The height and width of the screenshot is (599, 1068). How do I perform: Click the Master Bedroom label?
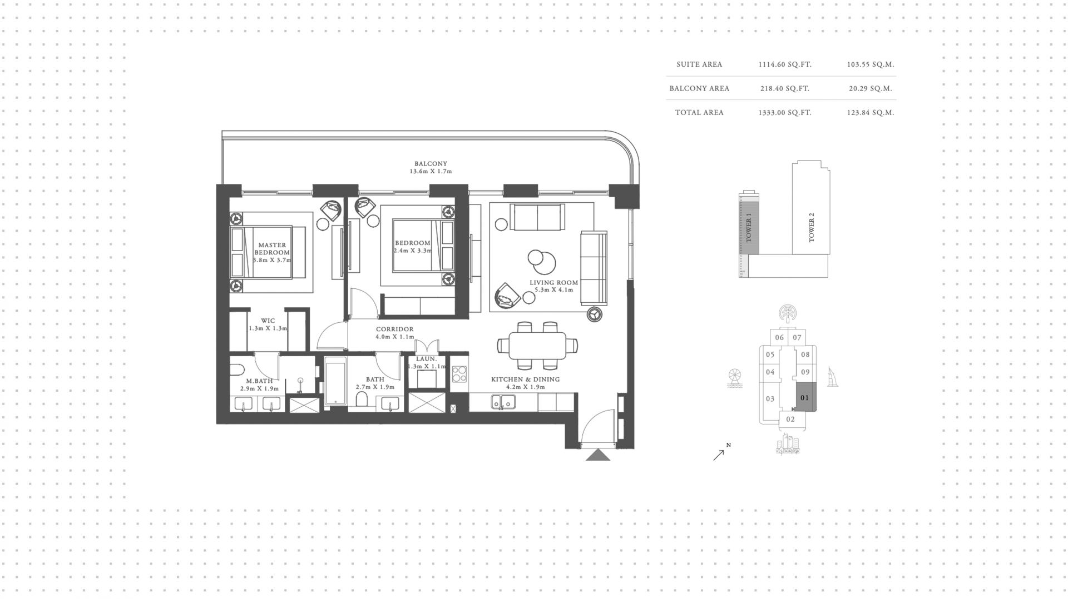272,248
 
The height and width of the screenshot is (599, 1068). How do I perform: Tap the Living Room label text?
553,282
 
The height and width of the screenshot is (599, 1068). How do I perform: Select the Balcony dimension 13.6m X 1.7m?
431,172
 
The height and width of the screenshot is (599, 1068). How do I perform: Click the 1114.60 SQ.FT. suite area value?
785,64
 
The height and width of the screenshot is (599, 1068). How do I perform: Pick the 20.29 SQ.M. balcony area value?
871,88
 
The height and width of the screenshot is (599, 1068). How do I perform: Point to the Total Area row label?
699,112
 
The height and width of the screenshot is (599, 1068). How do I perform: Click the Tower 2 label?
811,227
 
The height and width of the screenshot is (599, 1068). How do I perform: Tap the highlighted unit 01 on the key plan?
804,397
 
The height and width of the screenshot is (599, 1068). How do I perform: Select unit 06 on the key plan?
779,337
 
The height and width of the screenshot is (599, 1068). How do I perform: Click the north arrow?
719,455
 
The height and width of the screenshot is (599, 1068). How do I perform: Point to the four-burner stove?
459,374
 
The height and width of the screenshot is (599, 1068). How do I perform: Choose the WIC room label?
268,321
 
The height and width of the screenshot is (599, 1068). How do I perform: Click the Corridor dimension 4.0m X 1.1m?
395,337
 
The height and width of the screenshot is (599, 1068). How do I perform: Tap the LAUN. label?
427,359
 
